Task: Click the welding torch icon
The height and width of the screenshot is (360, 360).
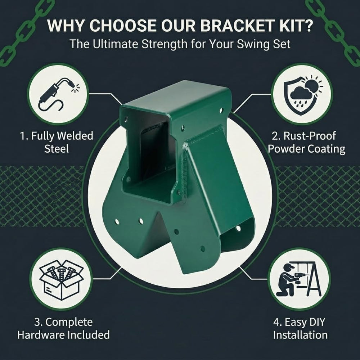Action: click(59, 94)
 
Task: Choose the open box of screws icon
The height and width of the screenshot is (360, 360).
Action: click(61, 279)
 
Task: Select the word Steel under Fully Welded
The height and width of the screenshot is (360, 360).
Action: click(57, 149)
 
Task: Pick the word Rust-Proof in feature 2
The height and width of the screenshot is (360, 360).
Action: click(310, 136)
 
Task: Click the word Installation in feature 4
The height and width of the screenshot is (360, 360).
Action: click(300, 334)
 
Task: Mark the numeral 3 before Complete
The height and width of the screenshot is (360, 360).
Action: click(37, 322)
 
